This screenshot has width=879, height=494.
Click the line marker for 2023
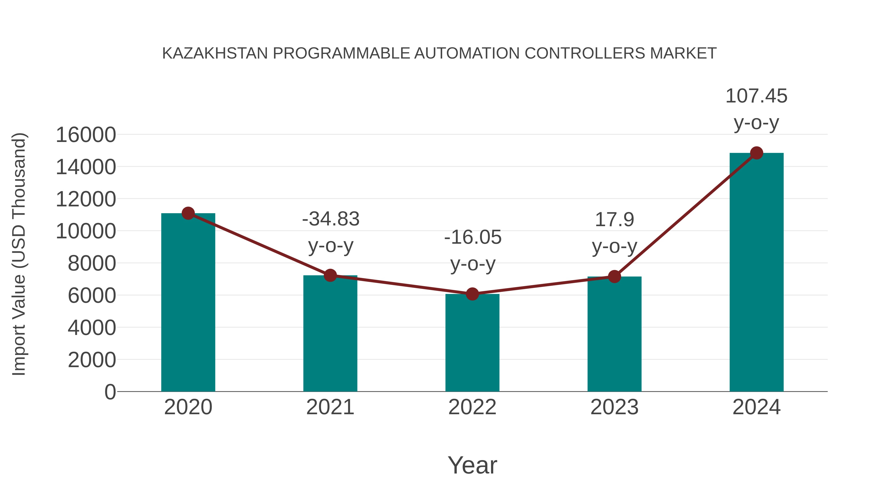point(614,276)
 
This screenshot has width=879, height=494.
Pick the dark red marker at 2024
point(756,153)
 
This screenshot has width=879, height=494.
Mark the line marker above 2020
point(188,213)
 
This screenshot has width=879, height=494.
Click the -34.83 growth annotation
point(331,219)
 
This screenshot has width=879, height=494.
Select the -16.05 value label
point(473,237)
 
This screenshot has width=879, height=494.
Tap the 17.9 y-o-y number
point(614,220)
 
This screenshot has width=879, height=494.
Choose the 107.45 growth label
point(756,96)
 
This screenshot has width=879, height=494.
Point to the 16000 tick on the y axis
point(86,135)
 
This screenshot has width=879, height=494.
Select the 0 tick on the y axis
point(110,392)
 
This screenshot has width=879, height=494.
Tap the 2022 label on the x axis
point(472,407)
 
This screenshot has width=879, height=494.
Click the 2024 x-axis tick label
point(756,407)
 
